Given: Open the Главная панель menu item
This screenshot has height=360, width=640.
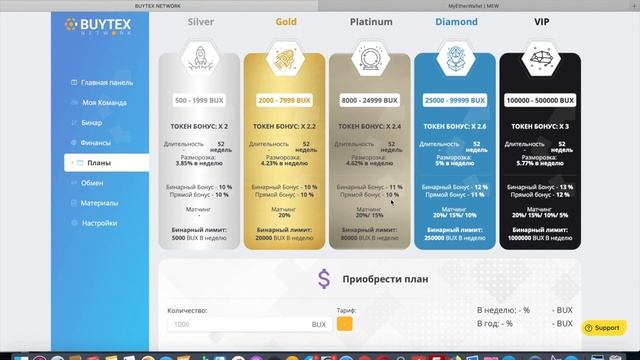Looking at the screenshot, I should click(106, 82).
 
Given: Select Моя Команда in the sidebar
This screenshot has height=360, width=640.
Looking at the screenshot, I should click(103, 102).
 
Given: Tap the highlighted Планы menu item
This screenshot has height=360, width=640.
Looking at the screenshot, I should click(99, 162).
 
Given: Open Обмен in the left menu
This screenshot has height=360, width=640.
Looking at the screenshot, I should click(93, 183).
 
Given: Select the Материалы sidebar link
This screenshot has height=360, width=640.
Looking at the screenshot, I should click(100, 203).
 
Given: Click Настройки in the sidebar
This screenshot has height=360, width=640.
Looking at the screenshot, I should click(100, 223).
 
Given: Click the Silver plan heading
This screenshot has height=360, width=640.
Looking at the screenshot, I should click(199, 21).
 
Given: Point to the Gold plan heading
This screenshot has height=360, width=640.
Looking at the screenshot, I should click(285, 21).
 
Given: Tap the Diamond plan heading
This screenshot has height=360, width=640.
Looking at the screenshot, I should click(455, 21).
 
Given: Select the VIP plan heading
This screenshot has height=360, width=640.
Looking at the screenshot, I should click(542, 21).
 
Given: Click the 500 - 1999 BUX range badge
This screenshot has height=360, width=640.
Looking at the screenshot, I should click(199, 101).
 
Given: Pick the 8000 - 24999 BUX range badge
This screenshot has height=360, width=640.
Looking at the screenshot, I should click(371, 101).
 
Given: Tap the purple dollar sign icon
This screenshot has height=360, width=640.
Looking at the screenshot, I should click(323, 280).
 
